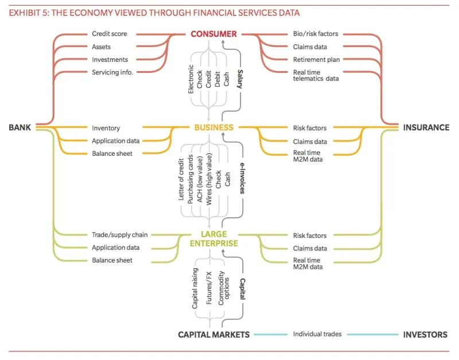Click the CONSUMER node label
[x=213, y=34]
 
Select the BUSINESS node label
[x=213, y=127]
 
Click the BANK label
[x=20, y=127]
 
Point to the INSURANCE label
[x=426, y=127]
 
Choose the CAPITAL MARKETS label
[x=213, y=335]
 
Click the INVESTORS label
[x=425, y=335]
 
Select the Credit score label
[x=110, y=34]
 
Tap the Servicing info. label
[x=112, y=72]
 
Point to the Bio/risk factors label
[x=316, y=34]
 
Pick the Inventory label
[x=106, y=128]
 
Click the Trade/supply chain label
[x=120, y=235]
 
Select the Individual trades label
[x=318, y=334]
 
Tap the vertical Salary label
[x=240, y=76]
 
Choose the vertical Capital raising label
[x=195, y=288]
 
